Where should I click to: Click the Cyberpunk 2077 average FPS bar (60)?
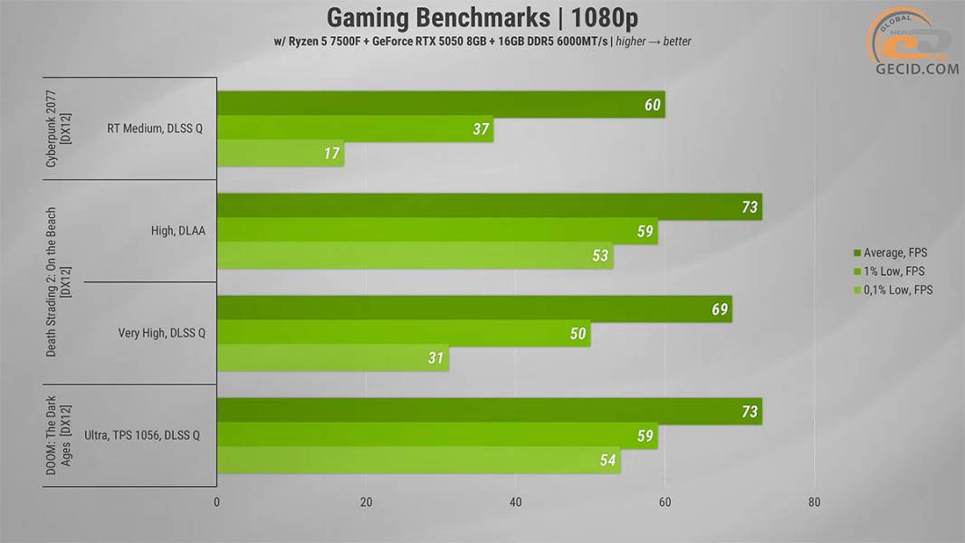[441, 104]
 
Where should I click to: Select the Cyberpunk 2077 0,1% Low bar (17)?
[280, 153]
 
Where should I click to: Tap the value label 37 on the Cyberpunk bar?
[481, 129]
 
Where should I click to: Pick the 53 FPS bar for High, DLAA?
[415, 255]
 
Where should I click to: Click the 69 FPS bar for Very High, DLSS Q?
[473, 309]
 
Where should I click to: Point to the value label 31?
[435, 357]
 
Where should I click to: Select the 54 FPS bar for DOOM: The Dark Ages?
[418, 460]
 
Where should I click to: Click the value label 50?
[578, 334]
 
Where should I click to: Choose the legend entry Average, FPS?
[890, 252]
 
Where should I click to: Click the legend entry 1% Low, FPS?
[889, 271]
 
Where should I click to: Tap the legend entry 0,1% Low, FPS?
[893, 290]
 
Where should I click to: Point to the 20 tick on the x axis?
[367, 501]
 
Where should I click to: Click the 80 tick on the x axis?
[814, 501]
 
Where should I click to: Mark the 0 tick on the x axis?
[216, 501]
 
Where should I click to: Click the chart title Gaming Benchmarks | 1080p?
[482, 17]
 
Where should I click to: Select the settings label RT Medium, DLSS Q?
[155, 129]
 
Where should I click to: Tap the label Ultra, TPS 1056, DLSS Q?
[142, 435]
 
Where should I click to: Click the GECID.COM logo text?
[917, 69]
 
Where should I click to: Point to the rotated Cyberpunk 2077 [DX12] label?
[59, 129]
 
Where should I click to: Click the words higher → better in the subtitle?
[653, 42]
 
